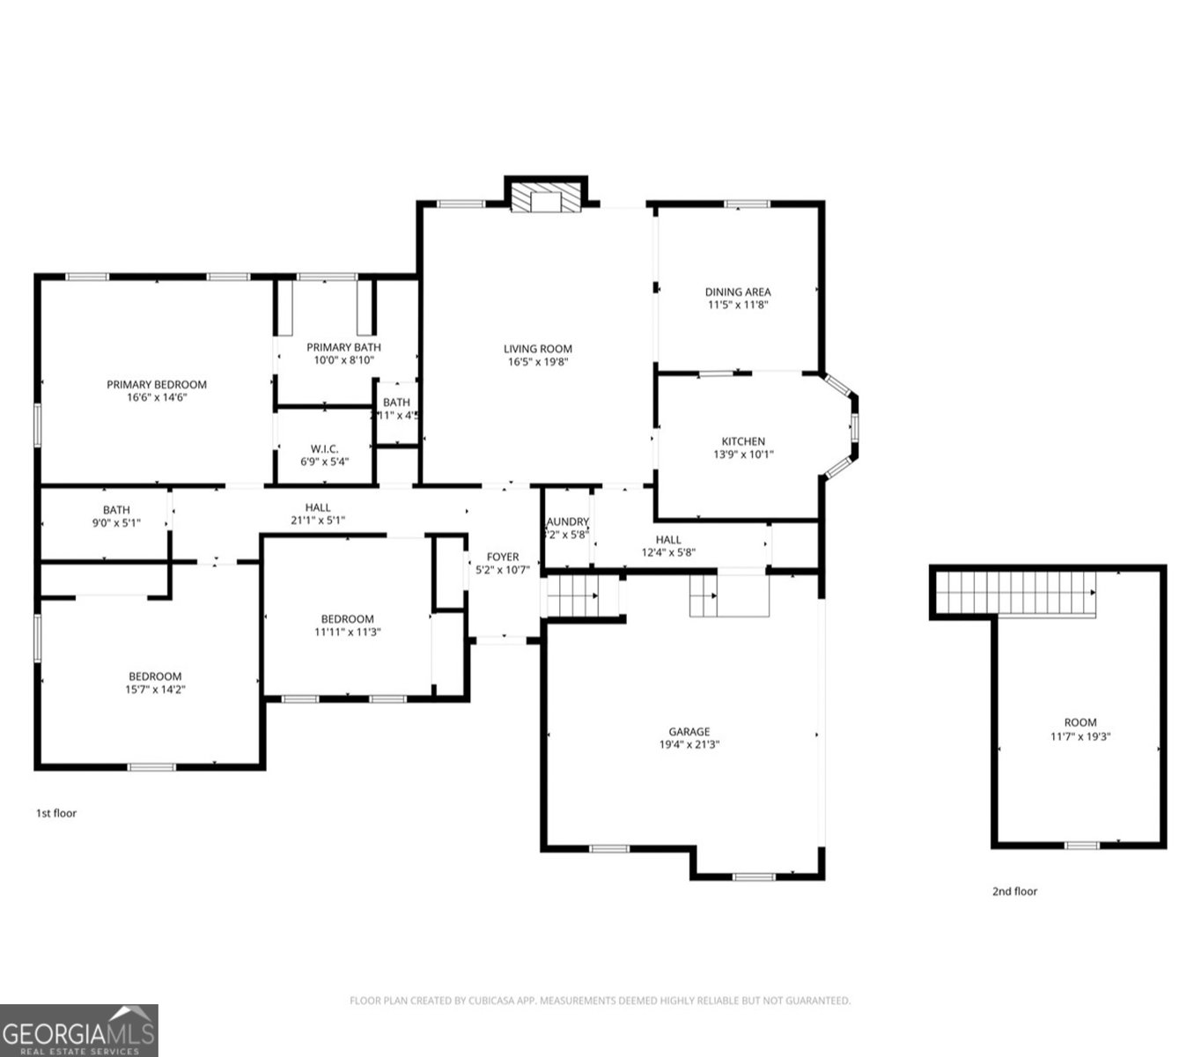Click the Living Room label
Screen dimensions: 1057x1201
(x=537, y=349)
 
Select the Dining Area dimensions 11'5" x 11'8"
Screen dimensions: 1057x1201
(x=738, y=305)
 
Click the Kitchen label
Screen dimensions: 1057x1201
(x=743, y=441)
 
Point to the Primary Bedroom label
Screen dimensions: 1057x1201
(x=157, y=384)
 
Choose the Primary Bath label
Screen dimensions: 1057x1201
(x=343, y=347)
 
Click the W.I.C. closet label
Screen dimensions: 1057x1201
(x=324, y=448)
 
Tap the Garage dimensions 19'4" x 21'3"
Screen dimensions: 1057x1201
(x=689, y=744)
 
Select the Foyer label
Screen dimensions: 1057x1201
(x=503, y=557)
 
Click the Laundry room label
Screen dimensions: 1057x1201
(x=567, y=521)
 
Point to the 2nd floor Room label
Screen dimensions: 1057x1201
(x=1079, y=722)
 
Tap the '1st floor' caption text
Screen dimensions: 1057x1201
(x=56, y=813)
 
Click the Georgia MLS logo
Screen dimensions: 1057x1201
(x=78, y=1031)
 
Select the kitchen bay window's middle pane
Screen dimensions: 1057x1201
(x=853, y=426)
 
